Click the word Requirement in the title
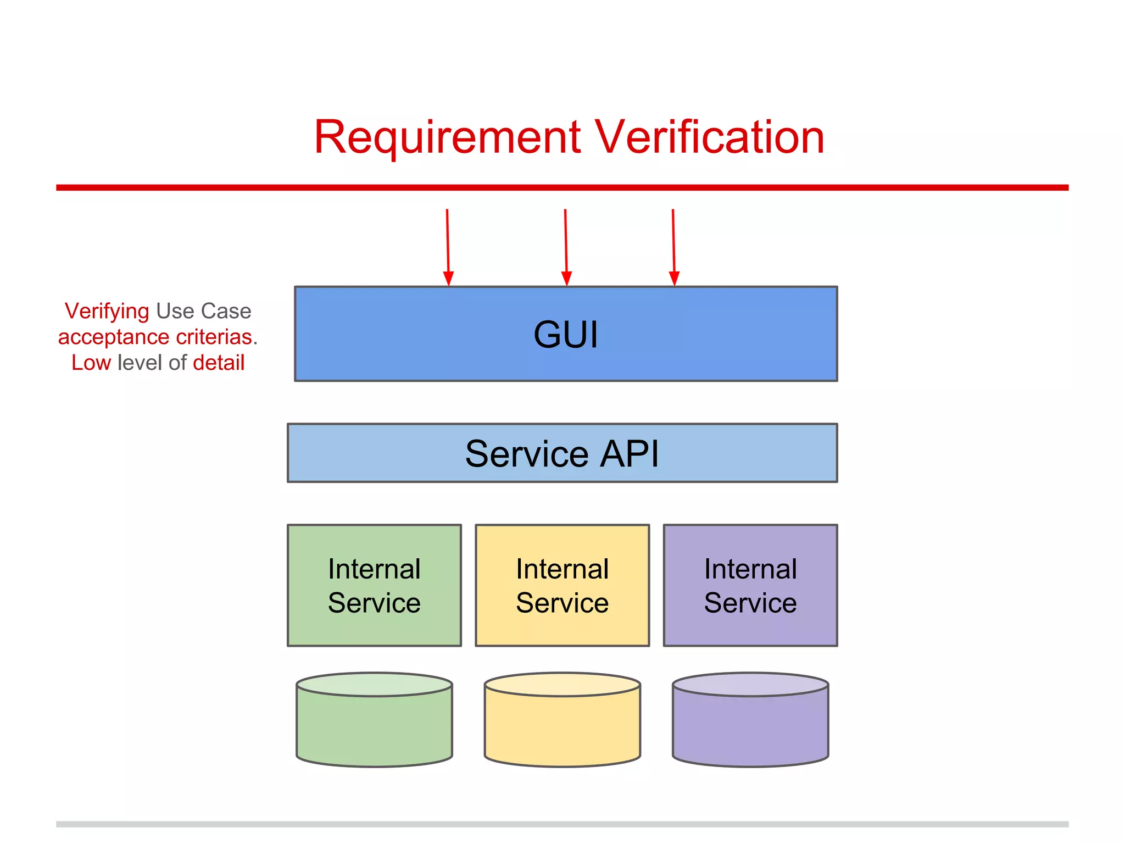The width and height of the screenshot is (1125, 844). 447,137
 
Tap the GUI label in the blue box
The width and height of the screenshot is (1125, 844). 565,334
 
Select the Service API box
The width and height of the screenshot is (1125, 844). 562,453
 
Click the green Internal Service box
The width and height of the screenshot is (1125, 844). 374,585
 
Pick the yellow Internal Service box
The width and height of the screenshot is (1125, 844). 562,585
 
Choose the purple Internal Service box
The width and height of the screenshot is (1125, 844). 750,585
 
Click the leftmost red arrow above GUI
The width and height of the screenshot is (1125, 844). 448,247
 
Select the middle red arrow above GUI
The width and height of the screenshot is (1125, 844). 566,247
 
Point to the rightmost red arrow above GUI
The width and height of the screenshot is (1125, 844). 673,247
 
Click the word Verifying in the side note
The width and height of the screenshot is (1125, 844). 107,312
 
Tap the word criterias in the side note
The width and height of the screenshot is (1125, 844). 216,337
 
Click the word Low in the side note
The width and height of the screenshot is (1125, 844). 91,363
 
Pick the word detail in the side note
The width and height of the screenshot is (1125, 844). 219,363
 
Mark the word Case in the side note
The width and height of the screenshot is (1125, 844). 226,311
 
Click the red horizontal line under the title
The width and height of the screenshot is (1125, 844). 562,187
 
